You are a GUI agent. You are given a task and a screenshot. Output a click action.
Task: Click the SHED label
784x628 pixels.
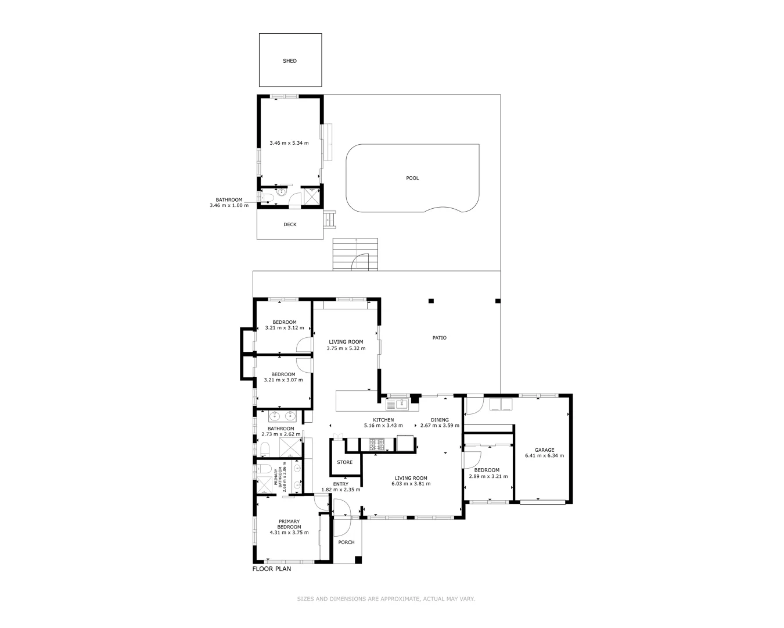click(x=289, y=61)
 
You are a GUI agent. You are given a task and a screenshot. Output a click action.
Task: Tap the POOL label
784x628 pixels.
click(x=412, y=178)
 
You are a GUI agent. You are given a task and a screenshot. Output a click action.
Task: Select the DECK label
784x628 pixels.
click(x=290, y=224)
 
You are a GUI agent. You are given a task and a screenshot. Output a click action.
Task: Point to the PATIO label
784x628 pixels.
click(x=440, y=338)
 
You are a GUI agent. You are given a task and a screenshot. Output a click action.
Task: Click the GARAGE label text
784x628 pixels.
click(x=544, y=450)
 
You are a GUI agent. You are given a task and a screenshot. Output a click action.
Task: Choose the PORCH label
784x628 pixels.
click(x=346, y=543)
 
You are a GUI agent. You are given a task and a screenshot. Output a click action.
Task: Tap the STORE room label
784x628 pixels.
click(x=345, y=463)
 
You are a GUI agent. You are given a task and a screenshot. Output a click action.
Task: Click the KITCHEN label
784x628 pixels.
click(x=383, y=420)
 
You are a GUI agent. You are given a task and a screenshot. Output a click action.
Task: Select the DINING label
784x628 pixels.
click(x=440, y=420)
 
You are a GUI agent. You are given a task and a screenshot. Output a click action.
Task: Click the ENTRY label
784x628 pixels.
click(x=341, y=484)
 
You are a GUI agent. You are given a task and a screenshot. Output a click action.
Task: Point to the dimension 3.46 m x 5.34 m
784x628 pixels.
click(x=289, y=143)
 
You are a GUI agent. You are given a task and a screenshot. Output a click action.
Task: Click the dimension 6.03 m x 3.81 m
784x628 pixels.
click(x=411, y=484)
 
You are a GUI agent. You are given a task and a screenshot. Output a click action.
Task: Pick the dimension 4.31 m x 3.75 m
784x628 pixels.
click(x=289, y=532)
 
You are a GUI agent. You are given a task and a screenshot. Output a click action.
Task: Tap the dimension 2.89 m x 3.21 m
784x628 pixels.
click(x=488, y=476)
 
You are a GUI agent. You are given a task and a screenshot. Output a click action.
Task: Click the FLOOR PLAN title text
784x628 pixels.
click(x=272, y=569)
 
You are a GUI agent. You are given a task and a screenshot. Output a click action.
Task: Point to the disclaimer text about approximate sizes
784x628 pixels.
click(x=386, y=599)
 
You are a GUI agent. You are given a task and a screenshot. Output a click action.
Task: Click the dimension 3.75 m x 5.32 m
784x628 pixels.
click(x=346, y=348)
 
